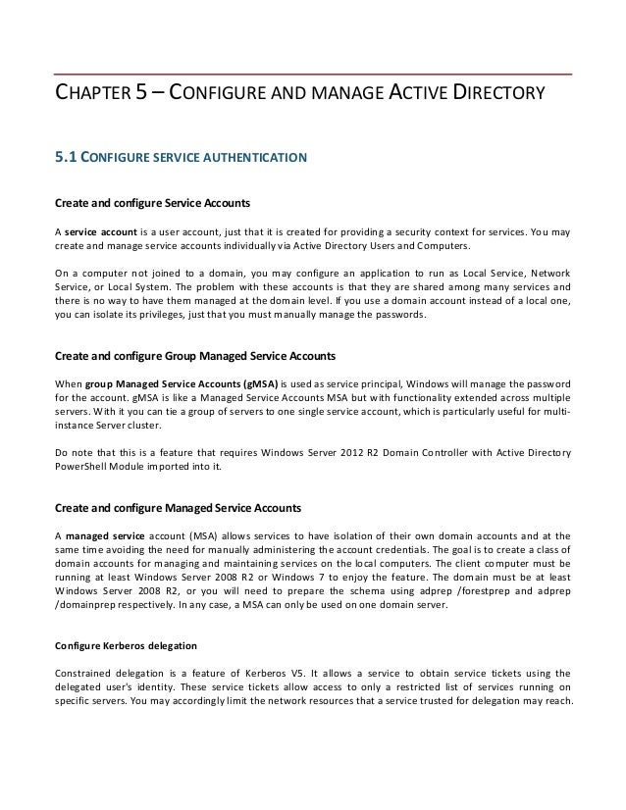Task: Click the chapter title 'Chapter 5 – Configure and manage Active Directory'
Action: [298, 95]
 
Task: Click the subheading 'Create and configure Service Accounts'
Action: [152, 204]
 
